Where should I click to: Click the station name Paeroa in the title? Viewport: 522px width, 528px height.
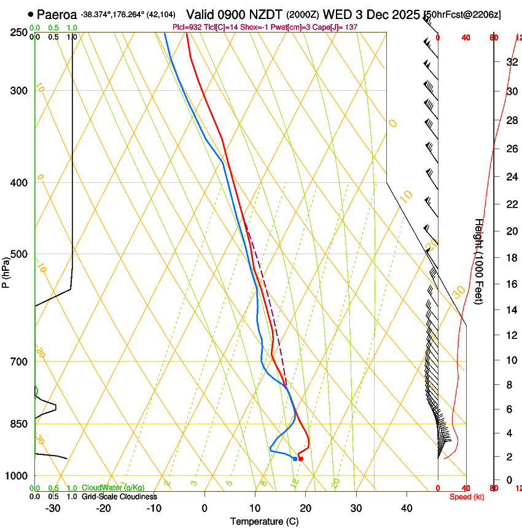pos(56,14)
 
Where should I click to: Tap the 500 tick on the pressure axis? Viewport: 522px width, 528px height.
pos(19,254)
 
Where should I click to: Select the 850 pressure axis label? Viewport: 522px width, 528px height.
pos(19,424)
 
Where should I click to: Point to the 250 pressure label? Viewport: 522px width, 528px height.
pos(19,33)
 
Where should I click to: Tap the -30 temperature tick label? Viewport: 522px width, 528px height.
pos(52,508)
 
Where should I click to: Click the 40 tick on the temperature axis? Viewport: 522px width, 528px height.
pos(406,508)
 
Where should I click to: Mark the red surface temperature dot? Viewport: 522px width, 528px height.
pos(300,459)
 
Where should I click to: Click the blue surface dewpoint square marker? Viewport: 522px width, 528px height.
pos(295,459)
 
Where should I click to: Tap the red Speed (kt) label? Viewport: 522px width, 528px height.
pos(467,497)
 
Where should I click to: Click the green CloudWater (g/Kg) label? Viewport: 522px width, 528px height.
pos(113,488)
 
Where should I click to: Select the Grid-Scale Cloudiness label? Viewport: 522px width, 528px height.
pos(119,497)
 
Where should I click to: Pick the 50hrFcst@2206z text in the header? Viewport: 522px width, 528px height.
pos(462,14)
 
